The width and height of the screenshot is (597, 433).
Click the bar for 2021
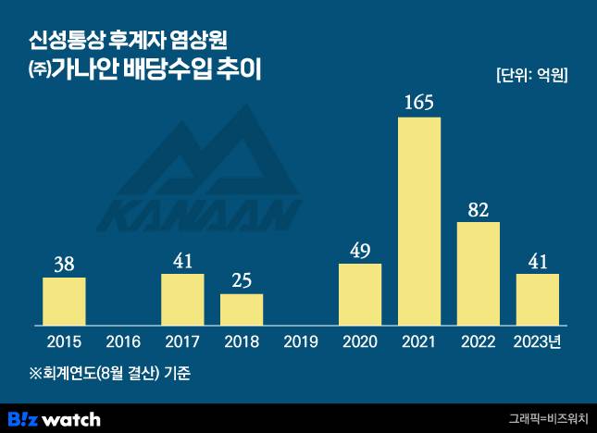click(x=419, y=222)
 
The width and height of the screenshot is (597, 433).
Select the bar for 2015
click(x=64, y=301)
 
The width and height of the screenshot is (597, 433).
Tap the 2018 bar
click(x=242, y=309)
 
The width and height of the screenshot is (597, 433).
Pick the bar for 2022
click(x=479, y=273)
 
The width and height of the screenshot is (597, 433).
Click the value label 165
click(x=419, y=101)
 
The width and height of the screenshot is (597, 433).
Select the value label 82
click(x=479, y=209)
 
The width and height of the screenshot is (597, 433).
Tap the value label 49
click(x=360, y=250)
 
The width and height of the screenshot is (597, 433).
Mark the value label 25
click(x=242, y=280)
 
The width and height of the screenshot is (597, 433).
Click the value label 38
click(x=64, y=264)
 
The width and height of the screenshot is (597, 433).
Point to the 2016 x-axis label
click(x=123, y=342)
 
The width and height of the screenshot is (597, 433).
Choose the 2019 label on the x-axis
click(x=301, y=342)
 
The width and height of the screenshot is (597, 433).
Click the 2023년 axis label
click(x=540, y=342)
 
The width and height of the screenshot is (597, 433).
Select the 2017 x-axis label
click(x=182, y=342)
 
